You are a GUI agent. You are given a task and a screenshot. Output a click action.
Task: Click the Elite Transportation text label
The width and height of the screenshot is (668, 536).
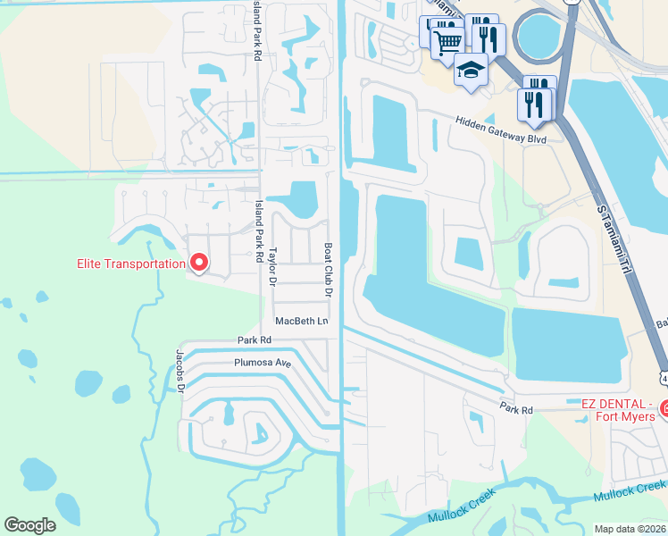[x=129, y=264]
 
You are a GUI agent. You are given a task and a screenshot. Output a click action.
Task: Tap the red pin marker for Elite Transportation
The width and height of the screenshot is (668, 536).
[x=199, y=263]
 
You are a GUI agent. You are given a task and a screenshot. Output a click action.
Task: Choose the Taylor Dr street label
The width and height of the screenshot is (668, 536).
[x=274, y=266]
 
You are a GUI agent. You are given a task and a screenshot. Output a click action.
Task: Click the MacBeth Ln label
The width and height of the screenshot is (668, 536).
[x=302, y=321]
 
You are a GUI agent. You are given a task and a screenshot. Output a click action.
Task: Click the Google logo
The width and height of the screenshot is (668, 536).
[x=29, y=525]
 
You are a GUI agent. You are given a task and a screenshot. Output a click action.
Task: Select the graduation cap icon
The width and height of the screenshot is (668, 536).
[x=471, y=69]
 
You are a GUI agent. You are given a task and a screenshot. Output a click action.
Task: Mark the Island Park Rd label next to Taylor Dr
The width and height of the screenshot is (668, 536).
[x=260, y=230]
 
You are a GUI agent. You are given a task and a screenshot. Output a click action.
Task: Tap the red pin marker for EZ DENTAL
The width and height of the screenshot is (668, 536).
[x=664, y=409]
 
